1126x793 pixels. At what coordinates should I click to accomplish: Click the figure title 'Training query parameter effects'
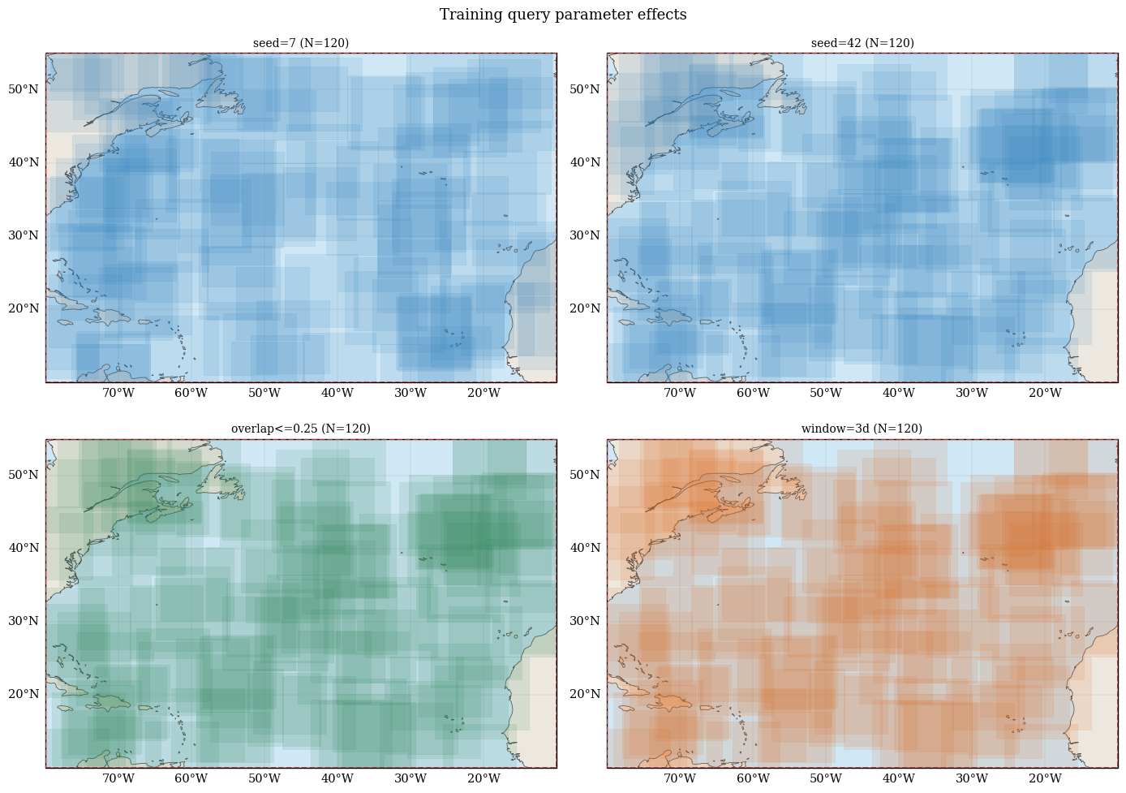pos(563,14)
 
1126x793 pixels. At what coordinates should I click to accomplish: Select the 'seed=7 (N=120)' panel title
pos(301,43)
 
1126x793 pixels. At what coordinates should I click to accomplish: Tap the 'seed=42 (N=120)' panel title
pos(862,43)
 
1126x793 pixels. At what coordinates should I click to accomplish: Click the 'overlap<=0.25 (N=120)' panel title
pos(301,429)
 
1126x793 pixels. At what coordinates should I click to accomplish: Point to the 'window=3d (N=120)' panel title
pos(862,429)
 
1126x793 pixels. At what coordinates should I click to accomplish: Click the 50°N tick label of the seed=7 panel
pos(24,89)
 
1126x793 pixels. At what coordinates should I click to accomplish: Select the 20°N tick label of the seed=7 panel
pos(24,308)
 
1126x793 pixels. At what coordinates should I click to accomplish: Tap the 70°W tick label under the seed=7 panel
pos(118,393)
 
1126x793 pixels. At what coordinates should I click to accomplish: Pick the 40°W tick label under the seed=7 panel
pos(337,393)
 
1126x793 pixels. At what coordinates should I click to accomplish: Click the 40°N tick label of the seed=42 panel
pos(585,162)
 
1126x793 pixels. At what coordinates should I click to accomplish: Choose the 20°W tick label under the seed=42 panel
pos(1045,393)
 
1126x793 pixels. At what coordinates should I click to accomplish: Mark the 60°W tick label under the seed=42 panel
pos(753,393)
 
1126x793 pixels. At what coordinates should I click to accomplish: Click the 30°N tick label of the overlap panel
pos(24,621)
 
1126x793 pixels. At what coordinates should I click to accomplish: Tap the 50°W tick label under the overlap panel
pos(264,778)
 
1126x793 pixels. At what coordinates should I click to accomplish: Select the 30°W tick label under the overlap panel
pos(410,778)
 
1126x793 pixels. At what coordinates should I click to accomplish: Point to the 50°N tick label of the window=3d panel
pos(585,475)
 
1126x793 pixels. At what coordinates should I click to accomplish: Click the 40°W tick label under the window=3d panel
pos(899,778)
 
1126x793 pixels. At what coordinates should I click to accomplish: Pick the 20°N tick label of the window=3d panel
pos(585,694)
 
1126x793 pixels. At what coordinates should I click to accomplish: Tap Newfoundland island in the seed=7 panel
pos(221,99)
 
